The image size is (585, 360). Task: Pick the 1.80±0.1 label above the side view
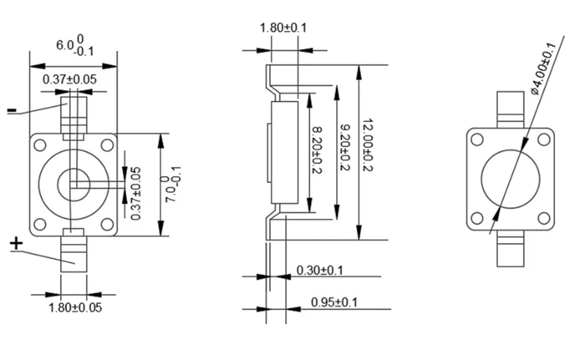283,27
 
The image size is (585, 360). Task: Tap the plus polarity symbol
16,243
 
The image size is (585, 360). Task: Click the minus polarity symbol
11,110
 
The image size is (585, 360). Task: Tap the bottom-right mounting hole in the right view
543,219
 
